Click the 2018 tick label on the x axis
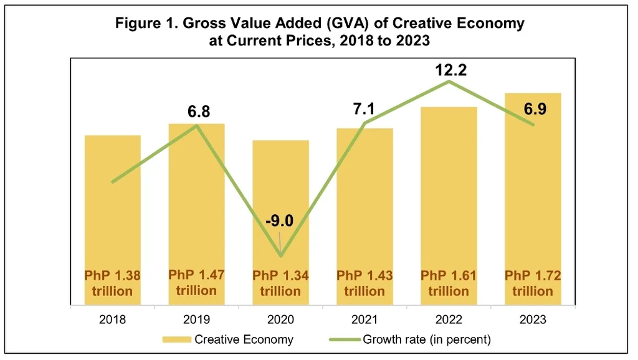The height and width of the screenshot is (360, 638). coord(112,320)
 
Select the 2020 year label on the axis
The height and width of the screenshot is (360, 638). coord(280,320)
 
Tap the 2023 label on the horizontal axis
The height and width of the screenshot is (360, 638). coord(533,320)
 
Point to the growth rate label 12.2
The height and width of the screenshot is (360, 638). coord(449,70)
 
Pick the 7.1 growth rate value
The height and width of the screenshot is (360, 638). coord(365,110)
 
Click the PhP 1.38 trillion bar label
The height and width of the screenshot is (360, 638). coord(113,283)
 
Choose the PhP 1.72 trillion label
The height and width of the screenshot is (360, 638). coord(533,283)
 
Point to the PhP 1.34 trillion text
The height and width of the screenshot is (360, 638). coord(280,283)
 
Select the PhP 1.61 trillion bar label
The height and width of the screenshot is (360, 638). coord(449,283)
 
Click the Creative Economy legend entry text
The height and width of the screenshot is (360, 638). coord(244,339)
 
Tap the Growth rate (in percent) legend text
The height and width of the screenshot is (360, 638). coord(427,339)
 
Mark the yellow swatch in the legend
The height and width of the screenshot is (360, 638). coord(176,340)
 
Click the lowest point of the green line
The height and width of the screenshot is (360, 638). coord(281,255)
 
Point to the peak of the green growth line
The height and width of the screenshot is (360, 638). coord(449,82)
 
